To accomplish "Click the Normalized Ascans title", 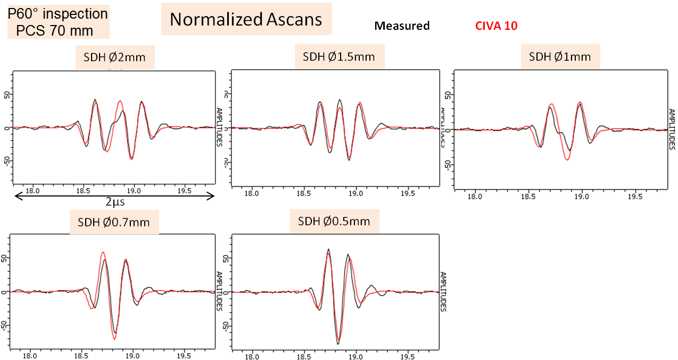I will pyautogui.click(x=246, y=20).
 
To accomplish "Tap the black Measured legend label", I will pyautogui.click(x=402, y=26).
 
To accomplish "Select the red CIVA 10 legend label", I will pyautogui.click(x=495, y=26).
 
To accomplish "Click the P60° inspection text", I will pyautogui.click(x=58, y=13).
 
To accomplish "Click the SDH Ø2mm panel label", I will pyautogui.click(x=114, y=57).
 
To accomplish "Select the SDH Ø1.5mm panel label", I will pyautogui.click(x=339, y=56).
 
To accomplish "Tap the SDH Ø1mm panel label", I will pyautogui.click(x=560, y=56).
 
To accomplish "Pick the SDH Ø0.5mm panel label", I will pyautogui.click(x=334, y=220).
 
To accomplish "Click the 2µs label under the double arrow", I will pyautogui.click(x=114, y=203).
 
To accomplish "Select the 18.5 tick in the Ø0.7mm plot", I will pyautogui.click(x=82, y=355).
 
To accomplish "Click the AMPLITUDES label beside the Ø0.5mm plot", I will pyautogui.click(x=443, y=292).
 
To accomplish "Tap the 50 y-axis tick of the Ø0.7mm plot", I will pyautogui.click(x=5, y=258).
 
